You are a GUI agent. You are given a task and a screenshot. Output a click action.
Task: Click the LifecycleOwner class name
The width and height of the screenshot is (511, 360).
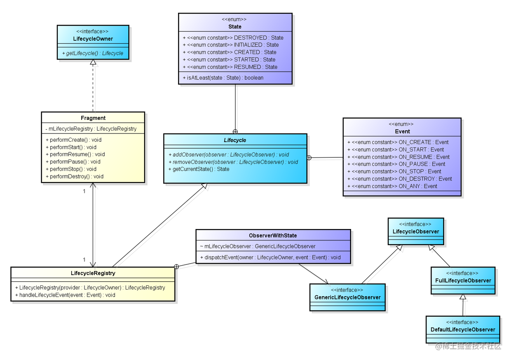point(93,39)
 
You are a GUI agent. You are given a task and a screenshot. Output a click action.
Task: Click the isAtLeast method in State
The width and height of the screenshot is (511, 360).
point(223,77)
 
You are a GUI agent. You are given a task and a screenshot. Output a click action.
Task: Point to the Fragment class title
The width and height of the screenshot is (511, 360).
point(93,118)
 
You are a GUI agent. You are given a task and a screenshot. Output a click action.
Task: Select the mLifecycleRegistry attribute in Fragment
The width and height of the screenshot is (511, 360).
point(91,129)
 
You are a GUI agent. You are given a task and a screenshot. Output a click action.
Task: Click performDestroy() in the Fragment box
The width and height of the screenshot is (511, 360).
point(74,176)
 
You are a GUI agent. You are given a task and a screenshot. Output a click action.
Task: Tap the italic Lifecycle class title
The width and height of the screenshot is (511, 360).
point(235,140)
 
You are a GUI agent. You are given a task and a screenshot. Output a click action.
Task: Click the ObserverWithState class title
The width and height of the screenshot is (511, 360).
point(273,236)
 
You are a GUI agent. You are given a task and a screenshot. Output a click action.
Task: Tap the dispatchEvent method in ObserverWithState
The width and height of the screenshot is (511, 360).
point(270,257)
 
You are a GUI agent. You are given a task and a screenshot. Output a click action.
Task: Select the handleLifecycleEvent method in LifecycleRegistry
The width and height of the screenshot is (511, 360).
point(65,295)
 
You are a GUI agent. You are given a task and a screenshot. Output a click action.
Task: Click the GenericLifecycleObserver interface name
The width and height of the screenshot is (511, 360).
point(347,297)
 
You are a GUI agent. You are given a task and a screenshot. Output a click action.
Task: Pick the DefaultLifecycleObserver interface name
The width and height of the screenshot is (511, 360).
point(462,330)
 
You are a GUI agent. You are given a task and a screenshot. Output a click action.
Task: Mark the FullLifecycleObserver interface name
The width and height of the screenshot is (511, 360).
point(463,281)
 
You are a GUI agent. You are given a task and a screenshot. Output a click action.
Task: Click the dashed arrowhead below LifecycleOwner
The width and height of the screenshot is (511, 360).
point(94,63)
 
